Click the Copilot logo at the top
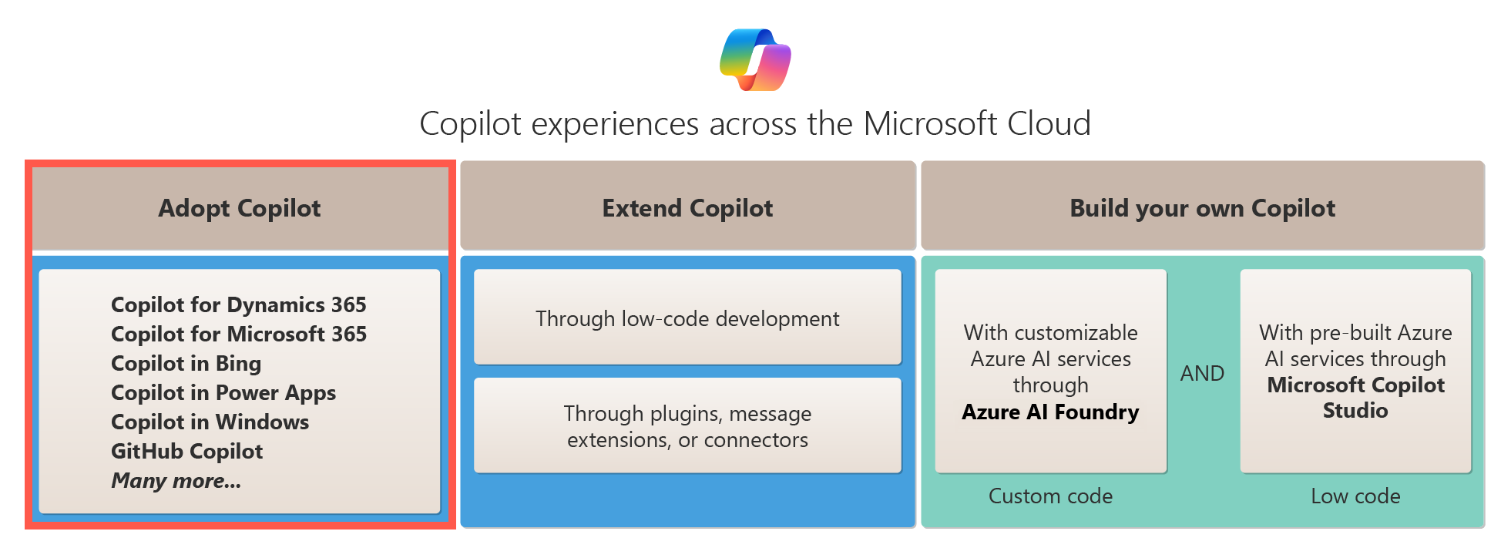click(755, 59)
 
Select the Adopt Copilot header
click(240, 208)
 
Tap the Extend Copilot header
click(687, 208)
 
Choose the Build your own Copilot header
click(1202, 208)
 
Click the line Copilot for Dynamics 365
click(239, 305)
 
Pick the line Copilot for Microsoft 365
click(239, 335)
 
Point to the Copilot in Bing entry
click(186, 364)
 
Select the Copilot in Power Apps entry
click(223, 393)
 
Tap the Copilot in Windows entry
click(210, 422)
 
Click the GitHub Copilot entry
click(187, 452)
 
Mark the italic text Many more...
click(176, 481)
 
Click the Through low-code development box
click(687, 318)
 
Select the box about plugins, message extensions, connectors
click(687, 426)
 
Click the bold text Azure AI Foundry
click(1050, 412)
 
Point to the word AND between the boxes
click(1202, 374)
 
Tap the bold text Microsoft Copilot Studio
click(1355, 398)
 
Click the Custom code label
click(1050, 496)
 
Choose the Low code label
click(1355, 496)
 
